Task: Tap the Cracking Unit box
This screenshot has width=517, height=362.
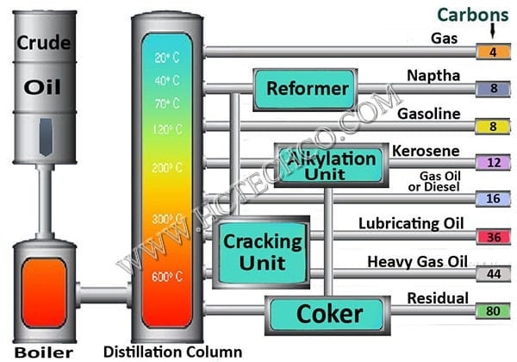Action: (251, 251)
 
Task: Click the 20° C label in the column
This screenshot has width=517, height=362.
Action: (166, 59)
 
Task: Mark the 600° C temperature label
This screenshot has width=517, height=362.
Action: (166, 277)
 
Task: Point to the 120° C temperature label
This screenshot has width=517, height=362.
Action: (166, 128)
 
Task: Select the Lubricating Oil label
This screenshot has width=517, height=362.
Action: (411, 224)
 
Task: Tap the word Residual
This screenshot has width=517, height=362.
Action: (439, 298)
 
